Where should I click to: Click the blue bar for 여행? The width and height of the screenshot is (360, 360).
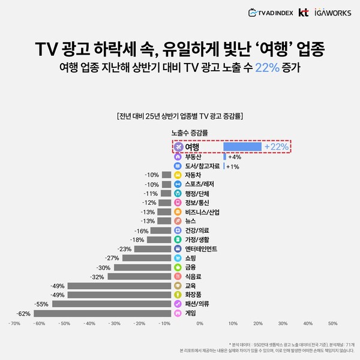(x=242, y=146)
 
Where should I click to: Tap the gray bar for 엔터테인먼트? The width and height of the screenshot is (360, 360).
(x=153, y=249)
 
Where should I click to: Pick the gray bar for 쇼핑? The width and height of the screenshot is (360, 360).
(x=146, y=258)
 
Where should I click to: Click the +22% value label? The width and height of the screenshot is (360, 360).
(x=277, y=146)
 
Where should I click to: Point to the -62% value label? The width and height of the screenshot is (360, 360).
(x=23, y=313)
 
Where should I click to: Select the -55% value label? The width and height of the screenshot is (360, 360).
(x=41, y=304)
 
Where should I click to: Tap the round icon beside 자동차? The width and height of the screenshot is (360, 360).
(x=178, y=175)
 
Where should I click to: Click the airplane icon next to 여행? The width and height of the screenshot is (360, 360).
(x=178, y=146)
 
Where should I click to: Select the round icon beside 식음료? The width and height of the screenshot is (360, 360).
(x=178, y=277)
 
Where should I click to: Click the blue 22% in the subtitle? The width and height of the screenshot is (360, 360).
(x=267, y=67)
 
